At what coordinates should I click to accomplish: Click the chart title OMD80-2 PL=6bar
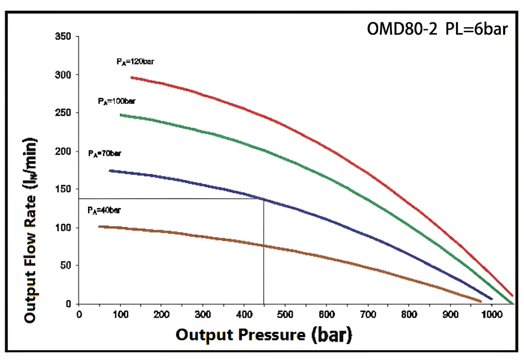pyautogui.click(x=437, y=29)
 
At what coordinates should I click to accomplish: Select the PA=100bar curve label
pyautogui.click(x=117, y=101)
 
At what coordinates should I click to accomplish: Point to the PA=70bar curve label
pyautogui.click(x=104, y=153)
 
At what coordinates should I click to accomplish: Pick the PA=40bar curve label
pyautogui.click(x=104, y=210)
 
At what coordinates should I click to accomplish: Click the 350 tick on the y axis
pyautogui.click(x=64, y=37)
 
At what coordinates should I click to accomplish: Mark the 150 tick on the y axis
pyautogui.click(x=64, y=189)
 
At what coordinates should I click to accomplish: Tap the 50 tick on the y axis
pyautogui.click(x=66, y=265)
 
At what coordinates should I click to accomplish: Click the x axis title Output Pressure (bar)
pyautogui.click(x=264, y=335)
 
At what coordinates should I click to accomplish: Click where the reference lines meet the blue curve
pyautogui.click(x=264, y=198)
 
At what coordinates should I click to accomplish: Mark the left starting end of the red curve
pyautogui.click(x=132, y=77)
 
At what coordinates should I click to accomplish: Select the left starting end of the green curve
pyautogui.click(x=121, y=115)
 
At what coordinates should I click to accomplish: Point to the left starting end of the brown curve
pyautogui.click(x=100, y=226)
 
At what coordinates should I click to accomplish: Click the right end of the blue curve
pyautogui.click(x=492, y=299)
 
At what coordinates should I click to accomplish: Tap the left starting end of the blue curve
pyautogui.click(x=110, y=170)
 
